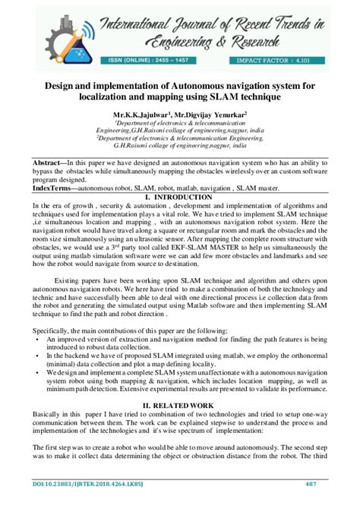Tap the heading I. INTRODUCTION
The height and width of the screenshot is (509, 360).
point(179,197)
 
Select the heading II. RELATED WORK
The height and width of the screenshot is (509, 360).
point(179,407)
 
